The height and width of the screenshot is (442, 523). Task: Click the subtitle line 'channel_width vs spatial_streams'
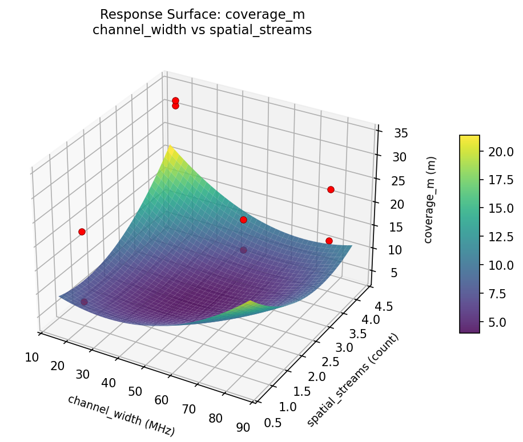point(202,30)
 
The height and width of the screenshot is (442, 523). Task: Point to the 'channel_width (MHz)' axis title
point(121,415)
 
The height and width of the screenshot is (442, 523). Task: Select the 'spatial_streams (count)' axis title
point(352,379)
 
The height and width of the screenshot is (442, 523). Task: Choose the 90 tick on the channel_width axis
point(243,427)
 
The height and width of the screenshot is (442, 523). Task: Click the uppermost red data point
point(175,101)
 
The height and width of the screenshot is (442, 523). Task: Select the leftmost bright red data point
point(82,232)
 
